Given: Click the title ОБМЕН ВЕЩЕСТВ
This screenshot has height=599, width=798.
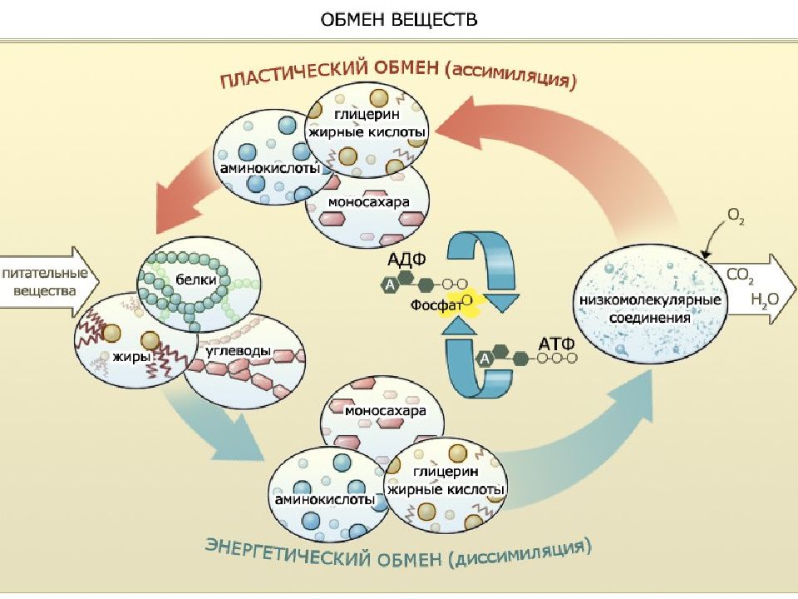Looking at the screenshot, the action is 399,19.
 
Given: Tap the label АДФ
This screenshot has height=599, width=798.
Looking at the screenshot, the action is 406,260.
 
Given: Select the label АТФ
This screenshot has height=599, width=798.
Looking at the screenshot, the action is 556,344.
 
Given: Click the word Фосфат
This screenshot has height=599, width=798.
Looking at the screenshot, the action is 436,305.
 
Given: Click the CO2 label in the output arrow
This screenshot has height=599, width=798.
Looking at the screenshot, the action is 740,275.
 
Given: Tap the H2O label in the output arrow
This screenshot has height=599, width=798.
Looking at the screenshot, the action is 765,299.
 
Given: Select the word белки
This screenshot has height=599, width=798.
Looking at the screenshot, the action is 196,280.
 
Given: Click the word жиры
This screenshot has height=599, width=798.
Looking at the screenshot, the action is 131,357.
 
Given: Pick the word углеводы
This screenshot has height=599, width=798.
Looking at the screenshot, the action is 239,351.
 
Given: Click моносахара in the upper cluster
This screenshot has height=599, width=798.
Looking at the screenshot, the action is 368,201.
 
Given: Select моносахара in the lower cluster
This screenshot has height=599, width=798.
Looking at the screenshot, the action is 385,410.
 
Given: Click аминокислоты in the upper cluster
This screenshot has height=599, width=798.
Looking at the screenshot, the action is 269,167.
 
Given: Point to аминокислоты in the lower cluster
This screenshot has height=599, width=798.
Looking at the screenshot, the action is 325,499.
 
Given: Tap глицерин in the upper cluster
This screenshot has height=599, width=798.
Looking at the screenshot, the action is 367,114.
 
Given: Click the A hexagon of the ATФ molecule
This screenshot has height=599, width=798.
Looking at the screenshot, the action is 485,359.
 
